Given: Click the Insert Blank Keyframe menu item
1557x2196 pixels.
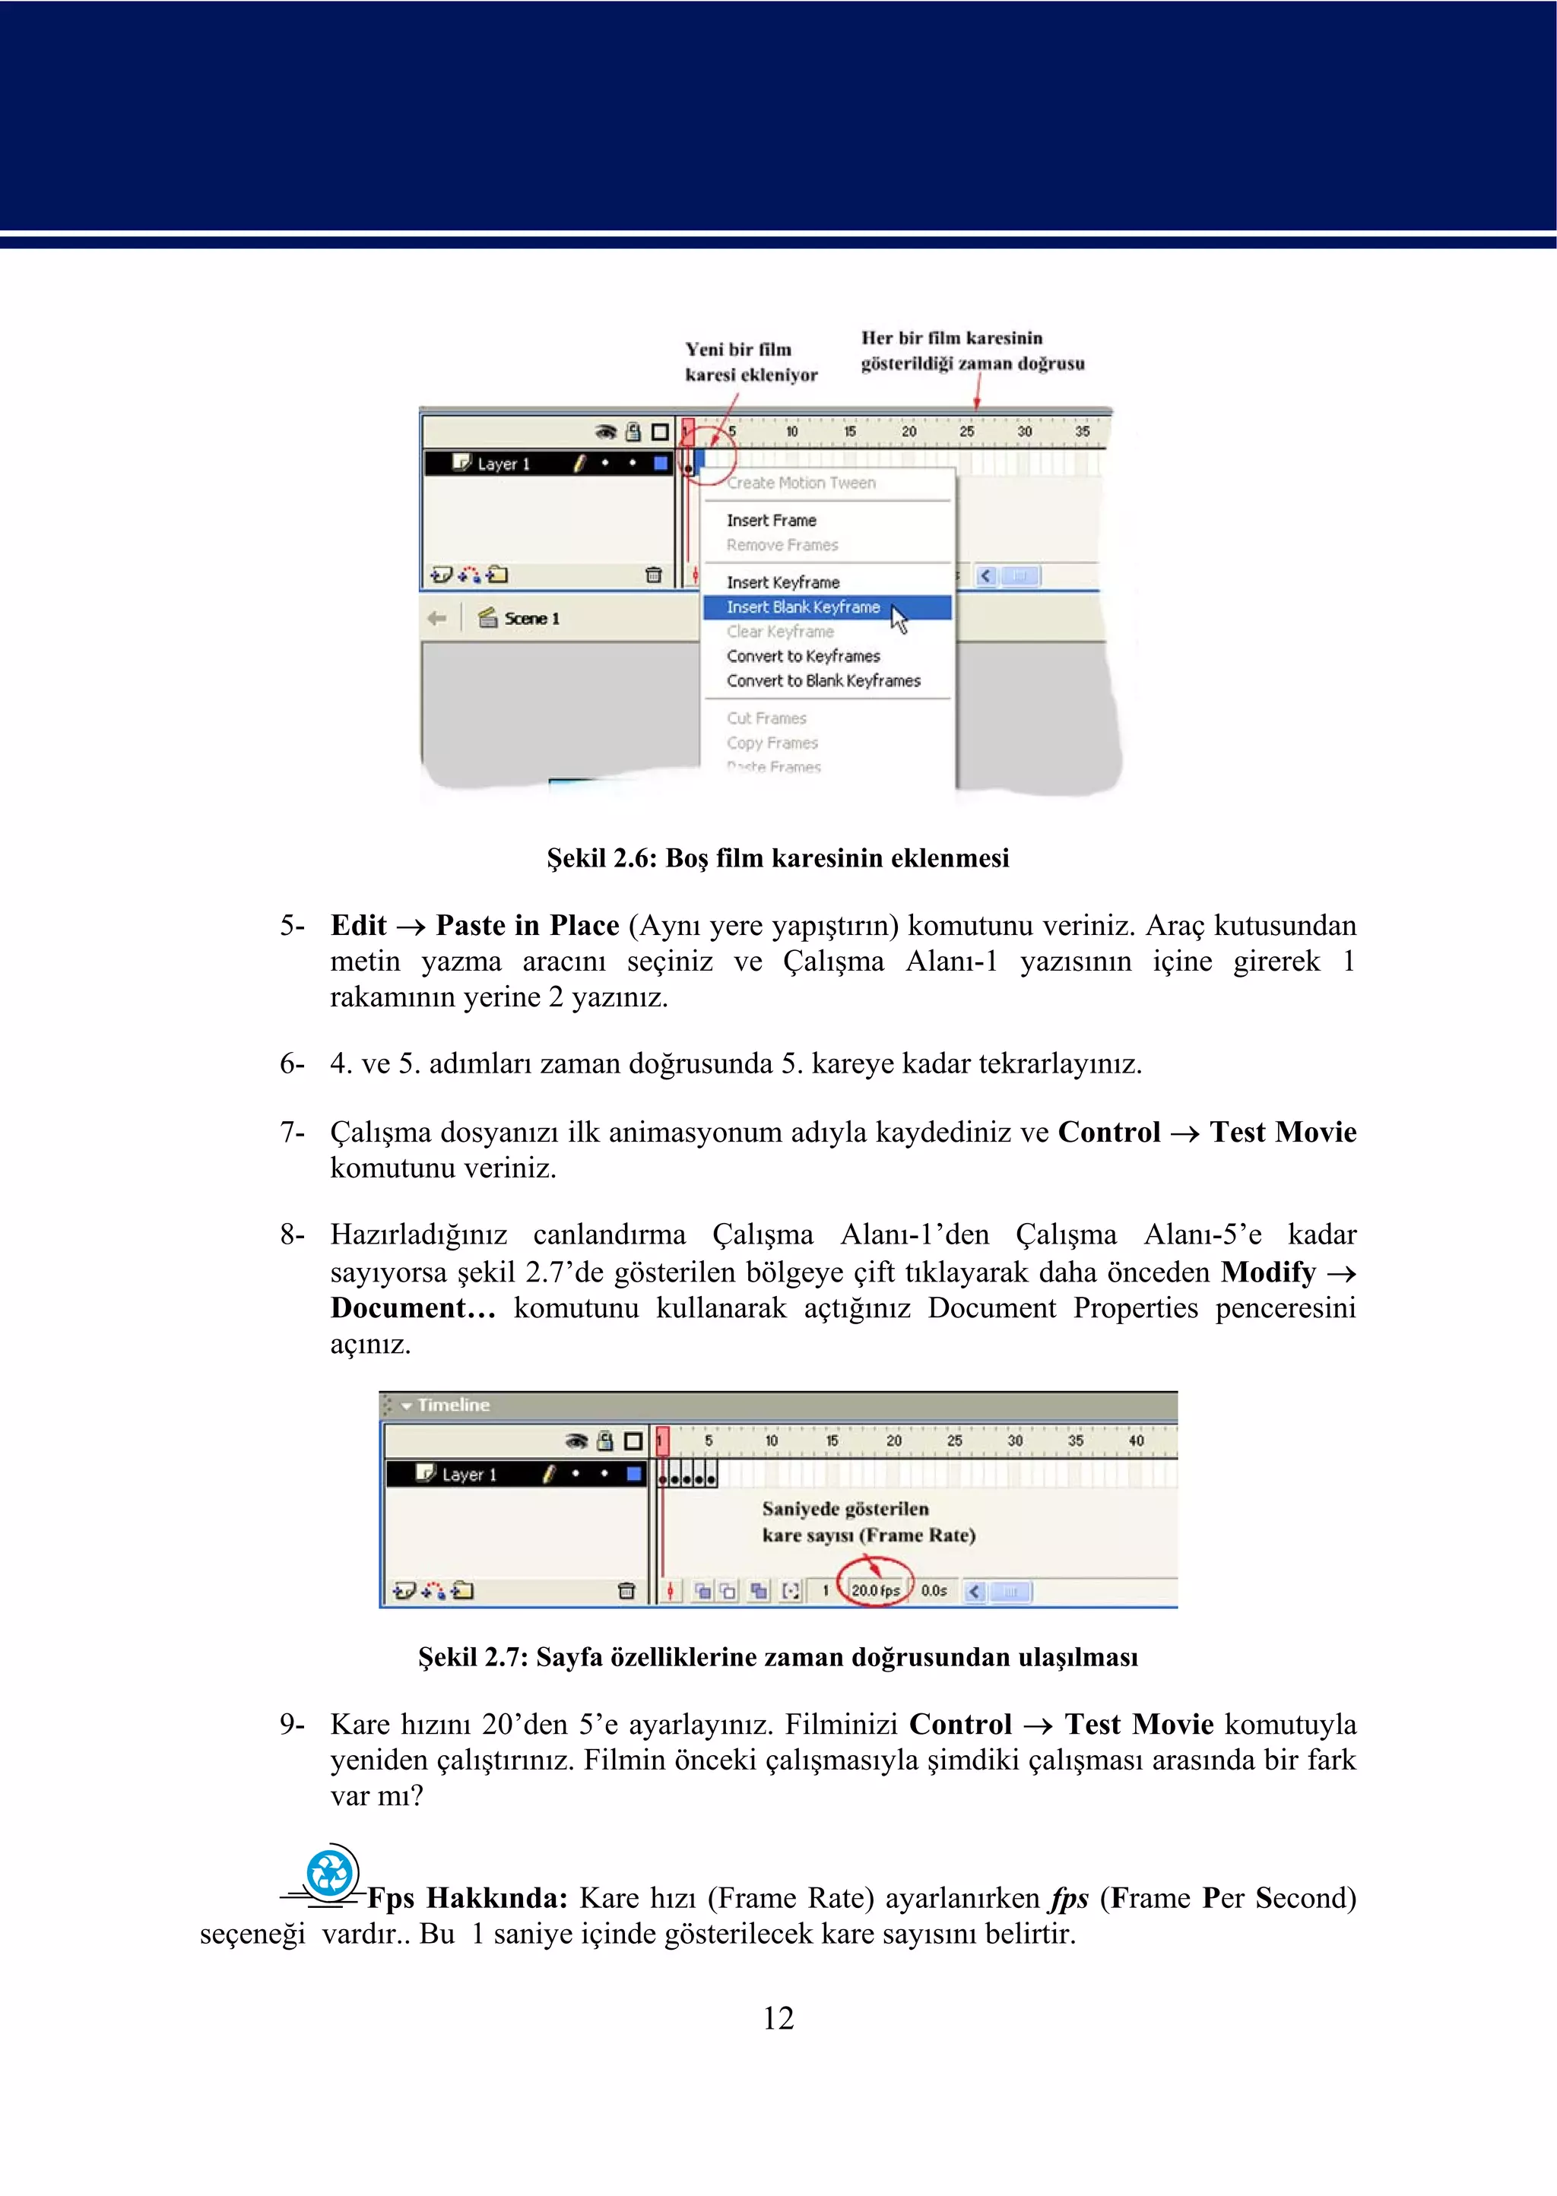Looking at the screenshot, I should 804,607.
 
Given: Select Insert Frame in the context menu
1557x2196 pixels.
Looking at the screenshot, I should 772,521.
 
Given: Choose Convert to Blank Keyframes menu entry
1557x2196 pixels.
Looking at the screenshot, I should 823,680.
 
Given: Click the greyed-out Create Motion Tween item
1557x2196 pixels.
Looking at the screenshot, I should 801,483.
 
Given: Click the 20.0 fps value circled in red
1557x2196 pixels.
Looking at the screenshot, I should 875,1590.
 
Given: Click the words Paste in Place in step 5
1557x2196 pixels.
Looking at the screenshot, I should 528,925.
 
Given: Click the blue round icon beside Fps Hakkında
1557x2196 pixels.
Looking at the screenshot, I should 331,1873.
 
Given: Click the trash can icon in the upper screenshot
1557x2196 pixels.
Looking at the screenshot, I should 654,575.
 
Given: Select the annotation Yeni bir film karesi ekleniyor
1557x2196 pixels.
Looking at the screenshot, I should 750,363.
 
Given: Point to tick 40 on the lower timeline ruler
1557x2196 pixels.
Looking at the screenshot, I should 1136,1440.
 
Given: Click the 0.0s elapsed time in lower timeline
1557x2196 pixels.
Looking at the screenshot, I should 934,1590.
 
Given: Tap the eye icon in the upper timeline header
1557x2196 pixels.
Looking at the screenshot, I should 605,433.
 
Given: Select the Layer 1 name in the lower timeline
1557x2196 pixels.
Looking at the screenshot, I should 469,1474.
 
